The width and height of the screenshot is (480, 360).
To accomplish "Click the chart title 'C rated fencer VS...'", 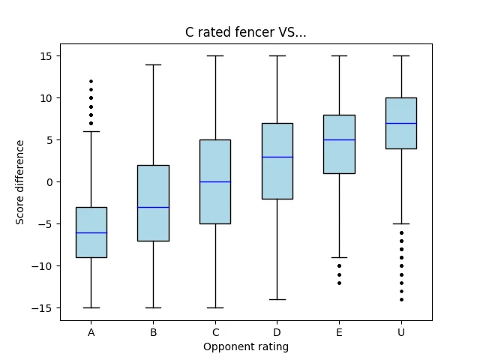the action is [245, 32].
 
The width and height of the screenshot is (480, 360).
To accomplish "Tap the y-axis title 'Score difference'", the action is [20, 182].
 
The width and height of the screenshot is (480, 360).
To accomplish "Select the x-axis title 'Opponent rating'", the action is [246, 346].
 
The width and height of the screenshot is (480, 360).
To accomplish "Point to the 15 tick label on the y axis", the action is [46, 56].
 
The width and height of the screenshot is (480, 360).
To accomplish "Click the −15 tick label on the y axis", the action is [42, 308].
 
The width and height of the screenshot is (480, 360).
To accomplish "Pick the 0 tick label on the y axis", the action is [49, 182].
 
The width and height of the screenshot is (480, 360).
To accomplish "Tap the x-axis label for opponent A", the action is [91, 332].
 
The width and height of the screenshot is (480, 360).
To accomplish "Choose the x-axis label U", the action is [401, 332].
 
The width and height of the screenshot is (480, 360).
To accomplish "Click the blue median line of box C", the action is [215, 181].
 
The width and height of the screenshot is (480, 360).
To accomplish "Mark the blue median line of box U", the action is [401, 123].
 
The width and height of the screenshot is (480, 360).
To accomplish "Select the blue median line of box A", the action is [91, 233].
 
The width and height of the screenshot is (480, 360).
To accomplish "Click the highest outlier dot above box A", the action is [91, 82].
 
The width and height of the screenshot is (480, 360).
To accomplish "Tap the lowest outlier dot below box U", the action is [402, 300].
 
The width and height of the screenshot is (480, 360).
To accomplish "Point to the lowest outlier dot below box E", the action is [340, 283].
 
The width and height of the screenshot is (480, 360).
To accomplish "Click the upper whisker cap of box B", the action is [153, 65].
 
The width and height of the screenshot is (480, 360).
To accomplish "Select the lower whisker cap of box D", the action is [277, 300].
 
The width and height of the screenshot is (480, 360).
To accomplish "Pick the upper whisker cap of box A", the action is [91, 132].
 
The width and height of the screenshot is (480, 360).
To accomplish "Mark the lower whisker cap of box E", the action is [340, 258].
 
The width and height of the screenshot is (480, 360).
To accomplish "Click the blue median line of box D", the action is [277, 157].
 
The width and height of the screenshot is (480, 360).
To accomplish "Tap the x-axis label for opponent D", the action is [277, 332].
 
